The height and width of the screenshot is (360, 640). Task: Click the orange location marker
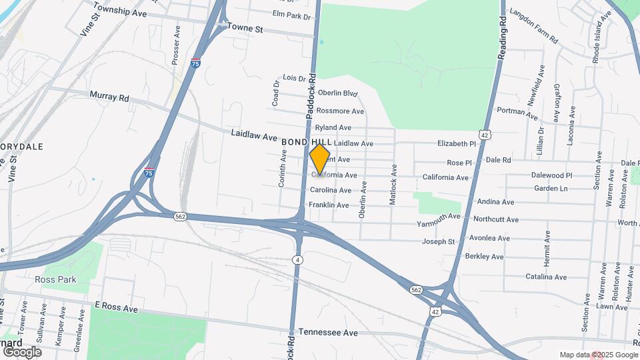320,159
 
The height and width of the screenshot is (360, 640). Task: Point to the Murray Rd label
109,97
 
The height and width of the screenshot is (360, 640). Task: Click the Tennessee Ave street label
328,332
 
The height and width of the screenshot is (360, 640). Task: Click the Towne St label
245,28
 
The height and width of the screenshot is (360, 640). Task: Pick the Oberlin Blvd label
338,93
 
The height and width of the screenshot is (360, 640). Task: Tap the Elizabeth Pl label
457,143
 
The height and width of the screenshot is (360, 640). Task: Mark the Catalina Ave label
545,277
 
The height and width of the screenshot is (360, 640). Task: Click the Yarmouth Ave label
439,217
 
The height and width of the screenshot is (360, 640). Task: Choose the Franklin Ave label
329,205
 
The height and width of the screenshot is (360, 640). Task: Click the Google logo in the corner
22,351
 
